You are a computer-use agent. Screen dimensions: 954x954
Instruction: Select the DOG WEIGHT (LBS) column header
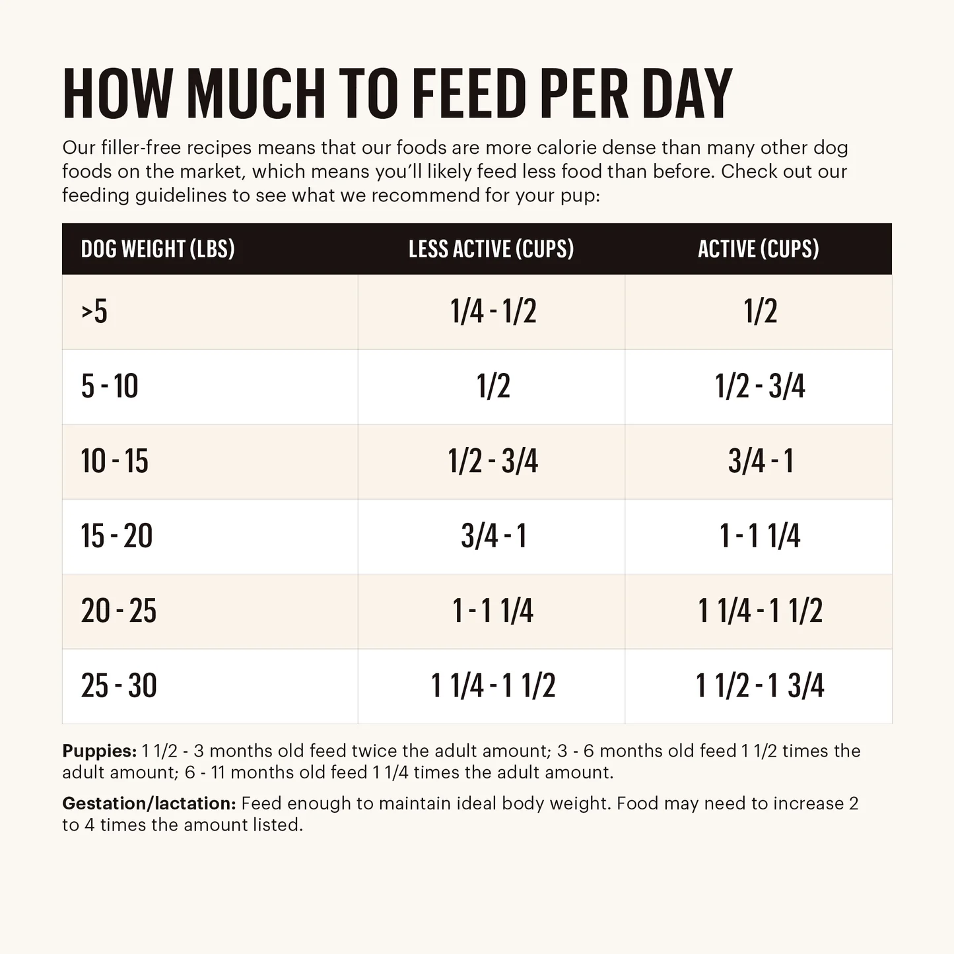point(158,249)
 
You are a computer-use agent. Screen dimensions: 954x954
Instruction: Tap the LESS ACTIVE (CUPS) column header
point(491,249)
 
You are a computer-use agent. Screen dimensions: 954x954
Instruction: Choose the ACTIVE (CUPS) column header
point(759,249)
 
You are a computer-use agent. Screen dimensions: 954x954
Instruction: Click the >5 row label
point(94,312)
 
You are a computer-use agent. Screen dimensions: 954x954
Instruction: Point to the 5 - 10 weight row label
point(110,386)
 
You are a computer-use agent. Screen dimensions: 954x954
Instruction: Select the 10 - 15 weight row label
point(114,461)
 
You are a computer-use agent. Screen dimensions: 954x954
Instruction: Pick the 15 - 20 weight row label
point(116,535)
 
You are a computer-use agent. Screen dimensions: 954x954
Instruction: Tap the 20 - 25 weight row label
point(119,611)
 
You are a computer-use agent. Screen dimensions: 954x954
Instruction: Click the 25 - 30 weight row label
point(119,685)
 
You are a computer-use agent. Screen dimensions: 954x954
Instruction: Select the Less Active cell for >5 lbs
point(493,312)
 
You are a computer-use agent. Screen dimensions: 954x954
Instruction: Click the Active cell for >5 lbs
point(761,312)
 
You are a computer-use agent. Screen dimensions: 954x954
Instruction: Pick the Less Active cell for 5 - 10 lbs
point(493,386)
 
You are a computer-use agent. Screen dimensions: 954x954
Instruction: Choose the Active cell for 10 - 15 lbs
point(761,461)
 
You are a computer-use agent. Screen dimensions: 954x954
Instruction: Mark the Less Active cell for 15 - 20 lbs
point(493,535)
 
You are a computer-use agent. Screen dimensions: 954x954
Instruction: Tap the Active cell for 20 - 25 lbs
point(761,611)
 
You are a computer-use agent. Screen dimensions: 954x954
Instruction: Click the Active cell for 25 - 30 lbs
point(761,685)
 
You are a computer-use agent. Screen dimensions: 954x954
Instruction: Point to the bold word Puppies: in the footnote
point(100,751)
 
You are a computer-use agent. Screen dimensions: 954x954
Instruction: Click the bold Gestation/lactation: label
point(149,803)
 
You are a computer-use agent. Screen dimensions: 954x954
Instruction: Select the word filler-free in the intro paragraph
point(141,147)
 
